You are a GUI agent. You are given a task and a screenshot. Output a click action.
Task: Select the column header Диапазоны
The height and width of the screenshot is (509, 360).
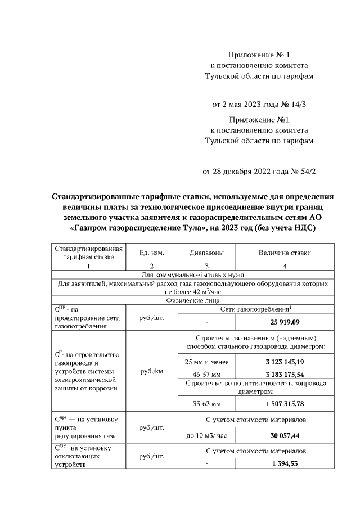point(207,253)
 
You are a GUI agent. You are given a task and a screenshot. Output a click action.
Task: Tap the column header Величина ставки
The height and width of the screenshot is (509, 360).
point(284,253)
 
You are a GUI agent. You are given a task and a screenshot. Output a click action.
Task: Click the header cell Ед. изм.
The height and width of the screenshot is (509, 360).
point(151,253)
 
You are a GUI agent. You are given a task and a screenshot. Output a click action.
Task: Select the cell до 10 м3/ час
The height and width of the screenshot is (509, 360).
point(207,435)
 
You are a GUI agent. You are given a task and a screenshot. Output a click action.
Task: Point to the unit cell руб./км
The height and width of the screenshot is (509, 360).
point(151,371)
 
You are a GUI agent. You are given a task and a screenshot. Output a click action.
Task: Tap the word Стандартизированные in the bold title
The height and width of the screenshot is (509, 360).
point(96,197)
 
